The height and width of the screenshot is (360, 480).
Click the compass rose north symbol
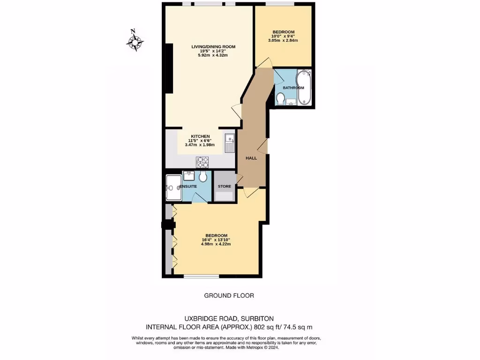click(135, 41)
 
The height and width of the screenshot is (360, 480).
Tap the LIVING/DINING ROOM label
click(213, 47)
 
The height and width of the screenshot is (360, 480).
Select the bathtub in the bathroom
click(304, 87)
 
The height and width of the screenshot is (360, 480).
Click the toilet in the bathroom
click(281, 99)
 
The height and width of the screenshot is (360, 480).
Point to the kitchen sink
click(230, 143)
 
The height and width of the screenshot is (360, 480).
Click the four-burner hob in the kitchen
click(202, 162)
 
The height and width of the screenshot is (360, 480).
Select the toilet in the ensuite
click(203, 176)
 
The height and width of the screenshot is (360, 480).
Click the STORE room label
click(225, 187)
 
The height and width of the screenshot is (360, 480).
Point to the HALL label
click(251, 158)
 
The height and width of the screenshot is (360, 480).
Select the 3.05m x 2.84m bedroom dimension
click(283, 41)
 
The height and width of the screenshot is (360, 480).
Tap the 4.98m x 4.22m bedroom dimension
click(216, 244)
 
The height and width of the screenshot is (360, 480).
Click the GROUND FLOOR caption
click(229, 295)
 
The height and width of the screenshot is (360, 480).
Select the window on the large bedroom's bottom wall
click(201, 276)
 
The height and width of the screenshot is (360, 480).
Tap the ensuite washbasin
click(189, 176)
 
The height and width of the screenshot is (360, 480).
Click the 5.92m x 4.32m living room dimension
click(213, 55)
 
